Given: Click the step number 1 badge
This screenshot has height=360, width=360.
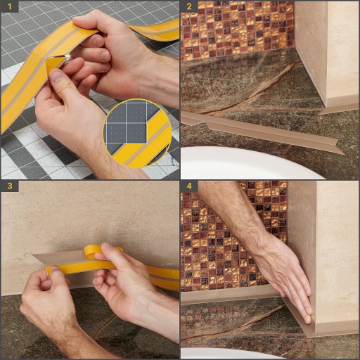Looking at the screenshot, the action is click(x=9, y=6).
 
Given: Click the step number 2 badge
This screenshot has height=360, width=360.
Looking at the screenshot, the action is click(x=189, y=6).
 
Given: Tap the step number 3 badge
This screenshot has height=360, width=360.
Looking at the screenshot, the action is click(x=9, y=186).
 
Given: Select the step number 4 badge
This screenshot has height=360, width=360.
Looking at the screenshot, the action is click(x=189, y=186).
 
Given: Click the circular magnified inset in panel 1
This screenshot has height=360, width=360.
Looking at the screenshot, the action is click(x=138, y=133).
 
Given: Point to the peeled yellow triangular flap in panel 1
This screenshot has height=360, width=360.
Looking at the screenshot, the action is click(x=53, y=65).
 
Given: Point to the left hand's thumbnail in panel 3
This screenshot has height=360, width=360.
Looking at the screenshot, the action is click(x=53, y=269).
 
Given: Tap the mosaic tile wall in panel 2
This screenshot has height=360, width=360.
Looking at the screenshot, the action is click(x=237, y=30).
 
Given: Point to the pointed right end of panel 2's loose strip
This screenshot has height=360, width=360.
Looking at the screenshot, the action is click(x=344, y=154).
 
